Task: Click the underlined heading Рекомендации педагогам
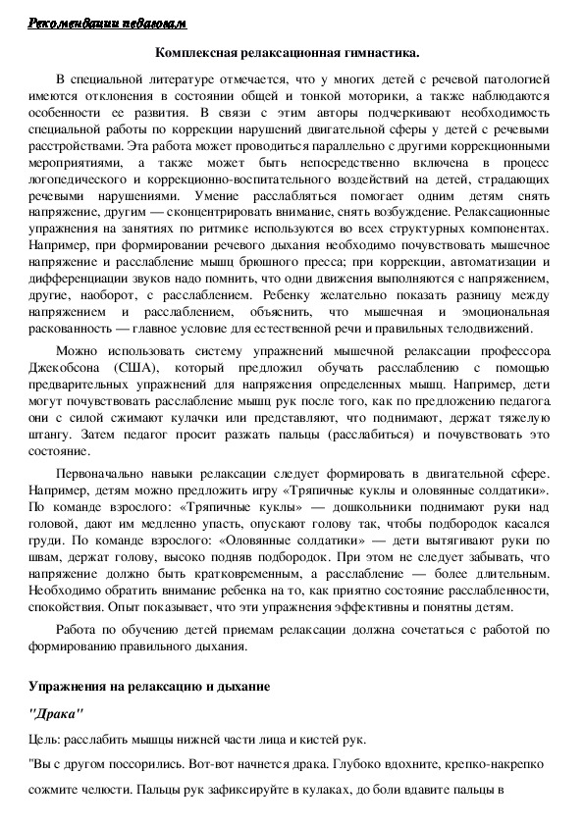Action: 106,23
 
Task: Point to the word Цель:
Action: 45,741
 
